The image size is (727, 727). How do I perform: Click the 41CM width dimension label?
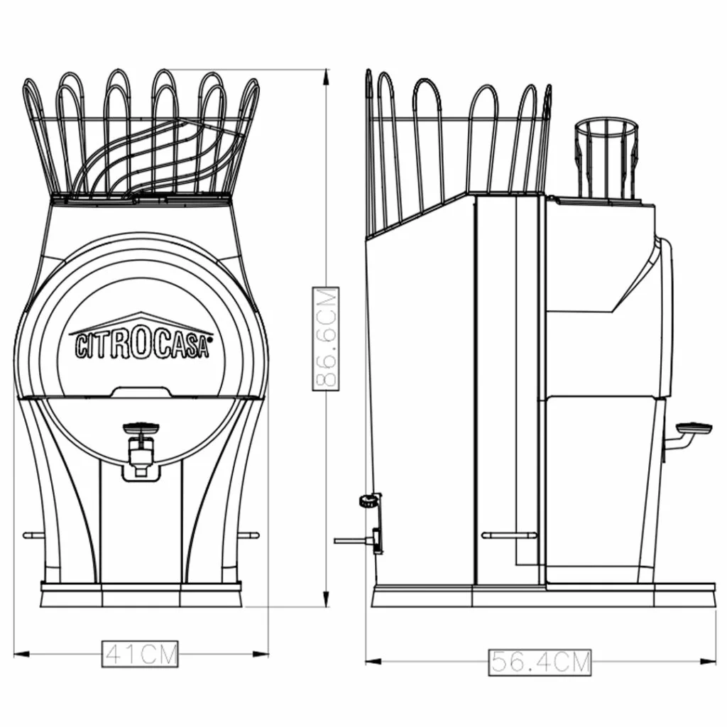pyautogui.click(x=140, y=654)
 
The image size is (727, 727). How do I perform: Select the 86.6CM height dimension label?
pyautogui.click(x=326, y=339)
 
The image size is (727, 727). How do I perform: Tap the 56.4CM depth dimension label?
pyautogui.click(x=540, y=662)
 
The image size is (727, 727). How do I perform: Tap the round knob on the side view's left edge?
pyautogui.click(x=368, y=501)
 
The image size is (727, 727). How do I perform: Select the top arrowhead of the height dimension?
pyautogui.click(x=327, y=77)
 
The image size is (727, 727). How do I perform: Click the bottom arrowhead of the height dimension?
pyautogui.click(x=327, y=598)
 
